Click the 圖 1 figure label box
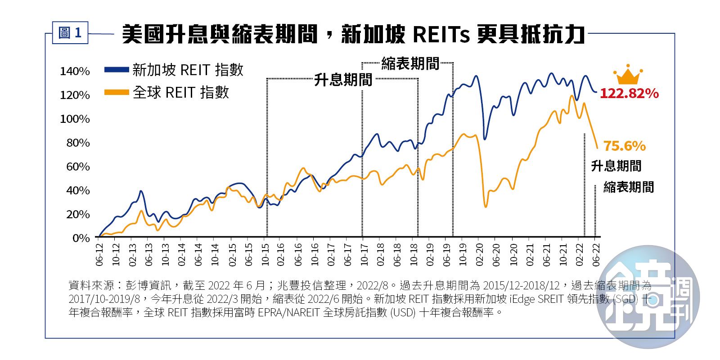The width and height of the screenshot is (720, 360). coord(70,33)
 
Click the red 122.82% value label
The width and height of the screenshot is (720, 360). coord(629,94)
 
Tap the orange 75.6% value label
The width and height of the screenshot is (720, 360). coord(624,146)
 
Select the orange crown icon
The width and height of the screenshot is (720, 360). coord(628,75)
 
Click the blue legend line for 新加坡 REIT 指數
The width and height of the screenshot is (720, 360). coord(117,70)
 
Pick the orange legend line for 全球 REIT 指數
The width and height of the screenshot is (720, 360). coord(117,93)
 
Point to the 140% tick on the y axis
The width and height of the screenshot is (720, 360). coord(75,72)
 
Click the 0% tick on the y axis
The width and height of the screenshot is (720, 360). coord(81,238)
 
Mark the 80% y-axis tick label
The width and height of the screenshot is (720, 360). coord(78,143)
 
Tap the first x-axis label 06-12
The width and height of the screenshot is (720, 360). coord(99,254)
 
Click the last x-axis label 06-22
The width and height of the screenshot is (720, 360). coord(596,254)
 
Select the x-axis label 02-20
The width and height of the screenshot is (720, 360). coord(480,254)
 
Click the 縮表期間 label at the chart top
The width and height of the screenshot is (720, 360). coord(410,64)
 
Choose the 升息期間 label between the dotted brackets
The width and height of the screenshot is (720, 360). coord(343,80)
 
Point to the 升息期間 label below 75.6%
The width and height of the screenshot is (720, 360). coord(616,166)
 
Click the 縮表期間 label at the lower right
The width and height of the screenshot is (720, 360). coord(628,187)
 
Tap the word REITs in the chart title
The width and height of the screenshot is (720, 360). coord(441,35)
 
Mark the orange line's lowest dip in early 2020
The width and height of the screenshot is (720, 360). coord(486,207)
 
